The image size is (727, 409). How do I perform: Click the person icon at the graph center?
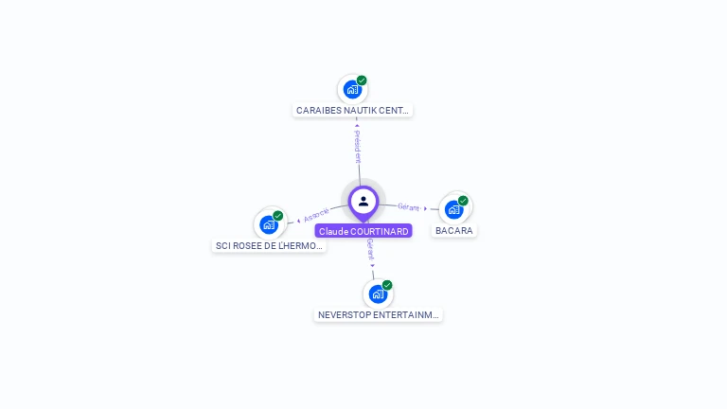point(363,201)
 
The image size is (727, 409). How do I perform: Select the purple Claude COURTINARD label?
point(363,231)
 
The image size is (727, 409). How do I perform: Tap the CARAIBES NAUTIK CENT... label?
point(353,110)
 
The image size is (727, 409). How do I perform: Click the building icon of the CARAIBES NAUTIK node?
point(352,90)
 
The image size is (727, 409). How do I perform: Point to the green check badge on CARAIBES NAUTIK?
point(362,80)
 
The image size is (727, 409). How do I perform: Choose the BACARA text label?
point(454,230)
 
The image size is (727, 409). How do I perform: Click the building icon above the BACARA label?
point(453,209)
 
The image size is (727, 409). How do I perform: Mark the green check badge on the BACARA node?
point(463,201)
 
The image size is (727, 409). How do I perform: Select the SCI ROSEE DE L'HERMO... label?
point(270,245)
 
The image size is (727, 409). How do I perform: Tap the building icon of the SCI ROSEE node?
point(269,224)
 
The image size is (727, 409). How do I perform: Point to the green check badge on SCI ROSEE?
point(278,216)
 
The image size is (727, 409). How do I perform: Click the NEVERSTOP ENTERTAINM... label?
point(379,314)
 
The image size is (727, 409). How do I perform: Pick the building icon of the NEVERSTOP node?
point(378,293)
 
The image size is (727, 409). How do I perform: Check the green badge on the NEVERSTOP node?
point(387,285)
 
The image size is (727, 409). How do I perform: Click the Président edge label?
point(358,147)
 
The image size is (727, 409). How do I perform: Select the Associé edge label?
point(317,215)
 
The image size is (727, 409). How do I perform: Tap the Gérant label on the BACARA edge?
point(408,206)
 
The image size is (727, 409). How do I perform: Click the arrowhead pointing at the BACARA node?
point(426,208)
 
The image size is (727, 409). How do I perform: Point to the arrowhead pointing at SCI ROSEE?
point(298,221)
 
